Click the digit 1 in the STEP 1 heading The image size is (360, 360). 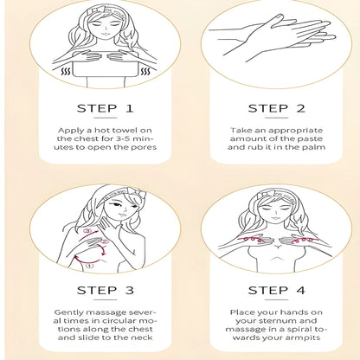[130, 108]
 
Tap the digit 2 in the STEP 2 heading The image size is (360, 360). [300, 108]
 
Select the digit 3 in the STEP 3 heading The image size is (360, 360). [130, 290]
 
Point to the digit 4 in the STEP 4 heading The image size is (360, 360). [300, 290]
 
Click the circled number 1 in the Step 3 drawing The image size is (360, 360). [90, 266]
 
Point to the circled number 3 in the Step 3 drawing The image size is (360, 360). [87, 231]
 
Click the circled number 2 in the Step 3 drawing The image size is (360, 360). [105, 241]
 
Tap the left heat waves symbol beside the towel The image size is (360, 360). [66, 71]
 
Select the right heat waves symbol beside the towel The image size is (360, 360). [145, 71]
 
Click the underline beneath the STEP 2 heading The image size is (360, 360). [276, 118]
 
